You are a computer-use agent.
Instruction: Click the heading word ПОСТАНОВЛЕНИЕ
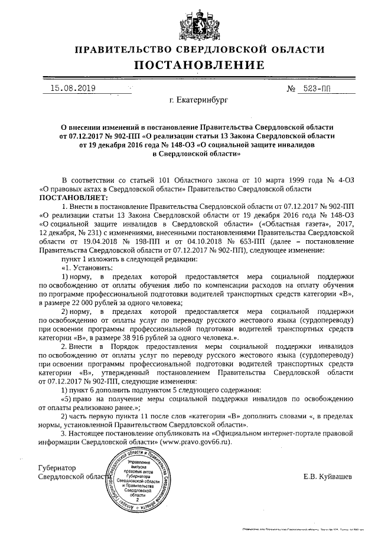189,64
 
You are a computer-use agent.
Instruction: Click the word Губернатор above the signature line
58,467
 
